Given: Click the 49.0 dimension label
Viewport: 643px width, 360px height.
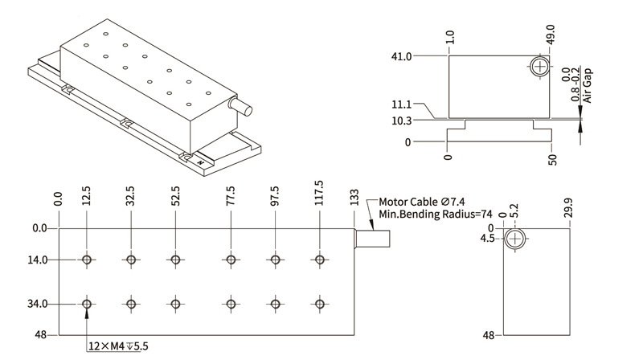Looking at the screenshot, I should [551, 35].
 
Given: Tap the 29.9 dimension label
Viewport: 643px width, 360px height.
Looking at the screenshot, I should [569, 209].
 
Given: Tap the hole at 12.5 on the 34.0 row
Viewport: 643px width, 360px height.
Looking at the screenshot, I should [86, 304].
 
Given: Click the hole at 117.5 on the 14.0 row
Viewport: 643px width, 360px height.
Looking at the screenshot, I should [321, 260].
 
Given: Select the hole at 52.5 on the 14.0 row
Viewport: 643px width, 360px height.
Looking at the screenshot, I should [174, 260].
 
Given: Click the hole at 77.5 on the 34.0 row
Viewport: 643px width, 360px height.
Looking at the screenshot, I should [231, 304].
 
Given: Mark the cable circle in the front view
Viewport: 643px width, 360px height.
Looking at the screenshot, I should [539, 66].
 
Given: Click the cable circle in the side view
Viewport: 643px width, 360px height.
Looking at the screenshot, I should [515, 239].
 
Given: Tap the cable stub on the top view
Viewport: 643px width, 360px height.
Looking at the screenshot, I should [374, 239].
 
